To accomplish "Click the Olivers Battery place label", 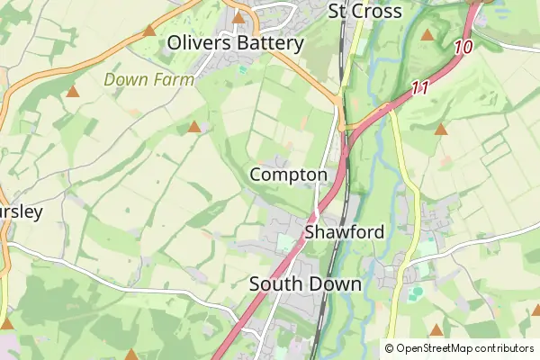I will click(237, 42).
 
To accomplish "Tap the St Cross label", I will click(364, 11).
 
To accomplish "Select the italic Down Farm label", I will click(149, 79).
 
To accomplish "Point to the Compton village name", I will click(289, 174).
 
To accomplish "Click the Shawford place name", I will click(345, 232).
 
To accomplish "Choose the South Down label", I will click(305, 284).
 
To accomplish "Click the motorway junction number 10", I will click(464, 47).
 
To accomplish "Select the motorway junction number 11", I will click(418, 88).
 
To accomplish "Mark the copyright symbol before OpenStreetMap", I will click(390, 348).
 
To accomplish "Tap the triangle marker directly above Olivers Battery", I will click(238, 17).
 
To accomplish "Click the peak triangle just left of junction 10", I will click(427, 35).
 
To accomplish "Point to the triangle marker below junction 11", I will click(441, 130).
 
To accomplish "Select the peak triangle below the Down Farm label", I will click(194, 127).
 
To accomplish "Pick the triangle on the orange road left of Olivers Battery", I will click(149, 31).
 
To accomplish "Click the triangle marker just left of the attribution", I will click(436, 330).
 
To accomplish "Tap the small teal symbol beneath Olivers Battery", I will click(241, 68).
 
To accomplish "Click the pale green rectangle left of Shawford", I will click(286, 243).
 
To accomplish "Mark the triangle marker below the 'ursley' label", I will click(8, 322).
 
